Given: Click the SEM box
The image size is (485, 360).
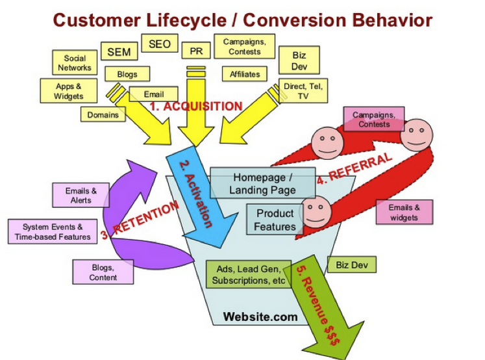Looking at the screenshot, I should tap(118, 51).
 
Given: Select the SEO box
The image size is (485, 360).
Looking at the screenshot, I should tap(159, 44).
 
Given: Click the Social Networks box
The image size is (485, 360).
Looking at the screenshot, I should tap(75, 63).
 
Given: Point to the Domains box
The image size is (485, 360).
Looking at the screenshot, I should tap(103, 115).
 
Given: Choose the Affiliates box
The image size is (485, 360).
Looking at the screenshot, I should tap(245, 74).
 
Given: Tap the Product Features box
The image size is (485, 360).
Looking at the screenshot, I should tap(275, 220).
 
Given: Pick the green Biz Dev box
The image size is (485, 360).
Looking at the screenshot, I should tap(351, 264).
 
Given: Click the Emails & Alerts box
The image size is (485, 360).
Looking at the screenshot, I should tap(81, 196).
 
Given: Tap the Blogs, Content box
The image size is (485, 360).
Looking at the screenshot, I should tap(103, 272).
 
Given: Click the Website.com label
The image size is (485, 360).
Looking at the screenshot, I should tap(260, 317).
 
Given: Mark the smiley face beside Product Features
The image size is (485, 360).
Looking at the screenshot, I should tap(315, 210).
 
